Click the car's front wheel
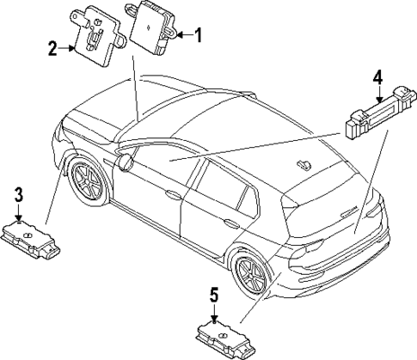88,180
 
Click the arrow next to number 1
181,35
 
